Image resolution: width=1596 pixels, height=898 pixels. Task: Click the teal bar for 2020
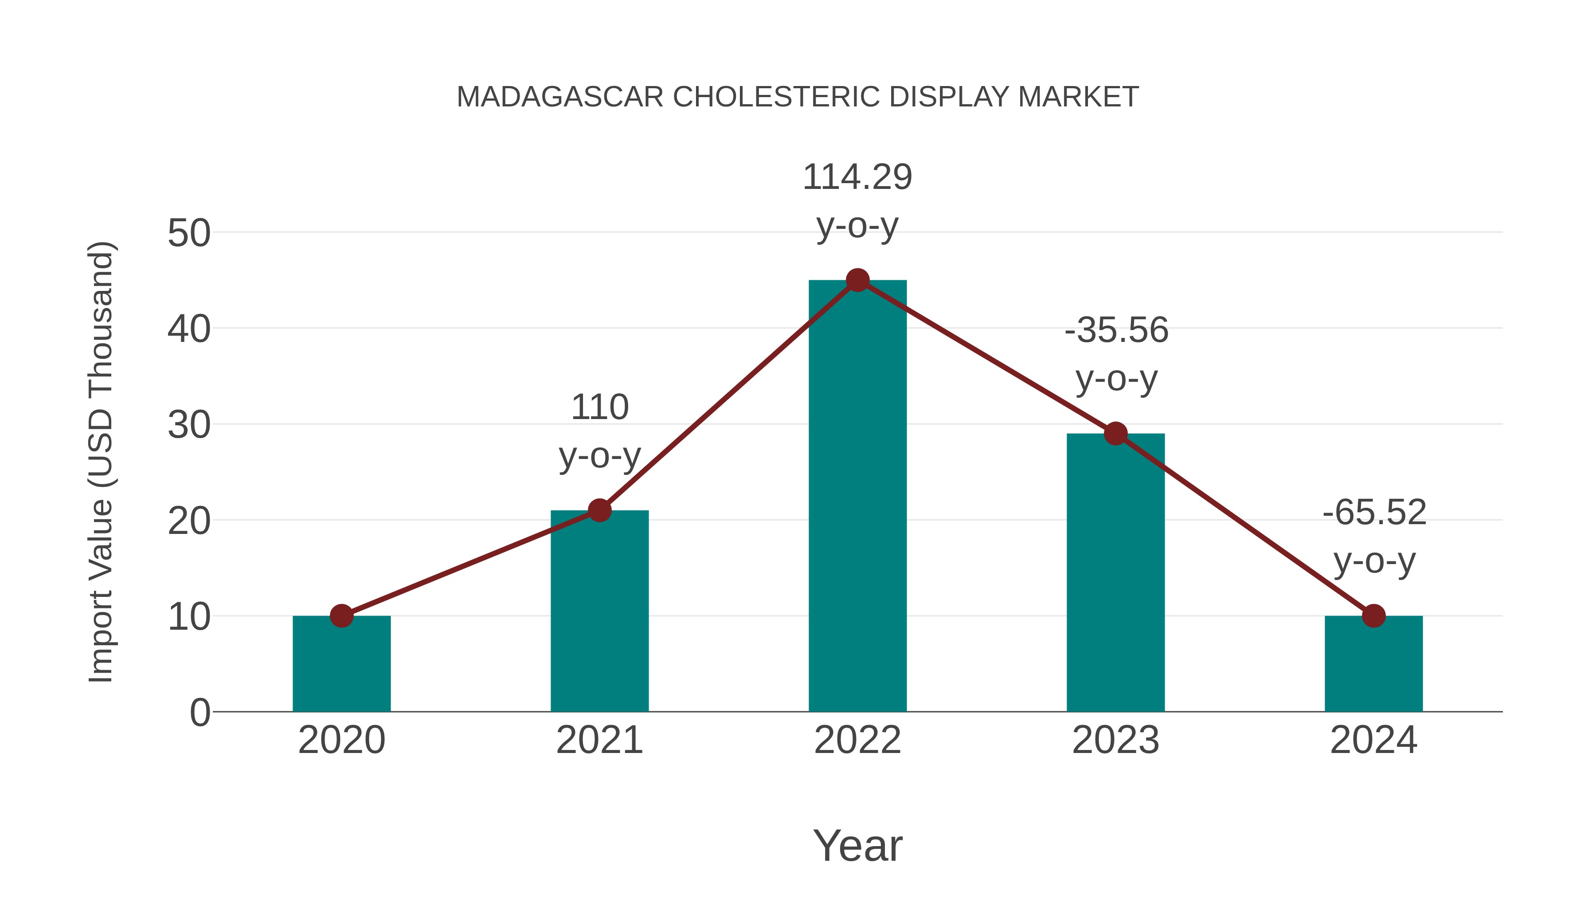[x=341, y=666]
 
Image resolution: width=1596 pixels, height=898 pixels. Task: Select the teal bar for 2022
[x=857, y=496]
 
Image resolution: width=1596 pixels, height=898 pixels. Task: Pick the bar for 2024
[x=1373, y=666]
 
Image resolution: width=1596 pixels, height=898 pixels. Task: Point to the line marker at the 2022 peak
[x=857, y=280]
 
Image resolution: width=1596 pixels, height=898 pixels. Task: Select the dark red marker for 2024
[x=1373, y=616]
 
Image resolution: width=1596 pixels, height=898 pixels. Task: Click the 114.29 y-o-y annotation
[x=857, y=201]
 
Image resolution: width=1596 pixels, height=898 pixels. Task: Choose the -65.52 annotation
[x=1373, y=536]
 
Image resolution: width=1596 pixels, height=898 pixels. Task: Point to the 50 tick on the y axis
[x=189, y=234]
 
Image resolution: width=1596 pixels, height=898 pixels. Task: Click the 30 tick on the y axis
[x=189, y=426]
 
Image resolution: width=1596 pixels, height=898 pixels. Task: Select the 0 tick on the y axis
[x=199, y=713]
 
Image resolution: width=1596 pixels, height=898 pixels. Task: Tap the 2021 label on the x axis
[x=599, y=740]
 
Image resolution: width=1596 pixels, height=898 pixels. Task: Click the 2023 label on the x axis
[x=1115, y=740]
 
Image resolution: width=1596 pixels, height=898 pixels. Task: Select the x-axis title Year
[x=857, y=845]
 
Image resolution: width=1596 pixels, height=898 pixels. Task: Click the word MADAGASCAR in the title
[x=559, y=97]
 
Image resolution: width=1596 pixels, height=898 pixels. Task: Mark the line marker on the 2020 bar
[x=341, y=616]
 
